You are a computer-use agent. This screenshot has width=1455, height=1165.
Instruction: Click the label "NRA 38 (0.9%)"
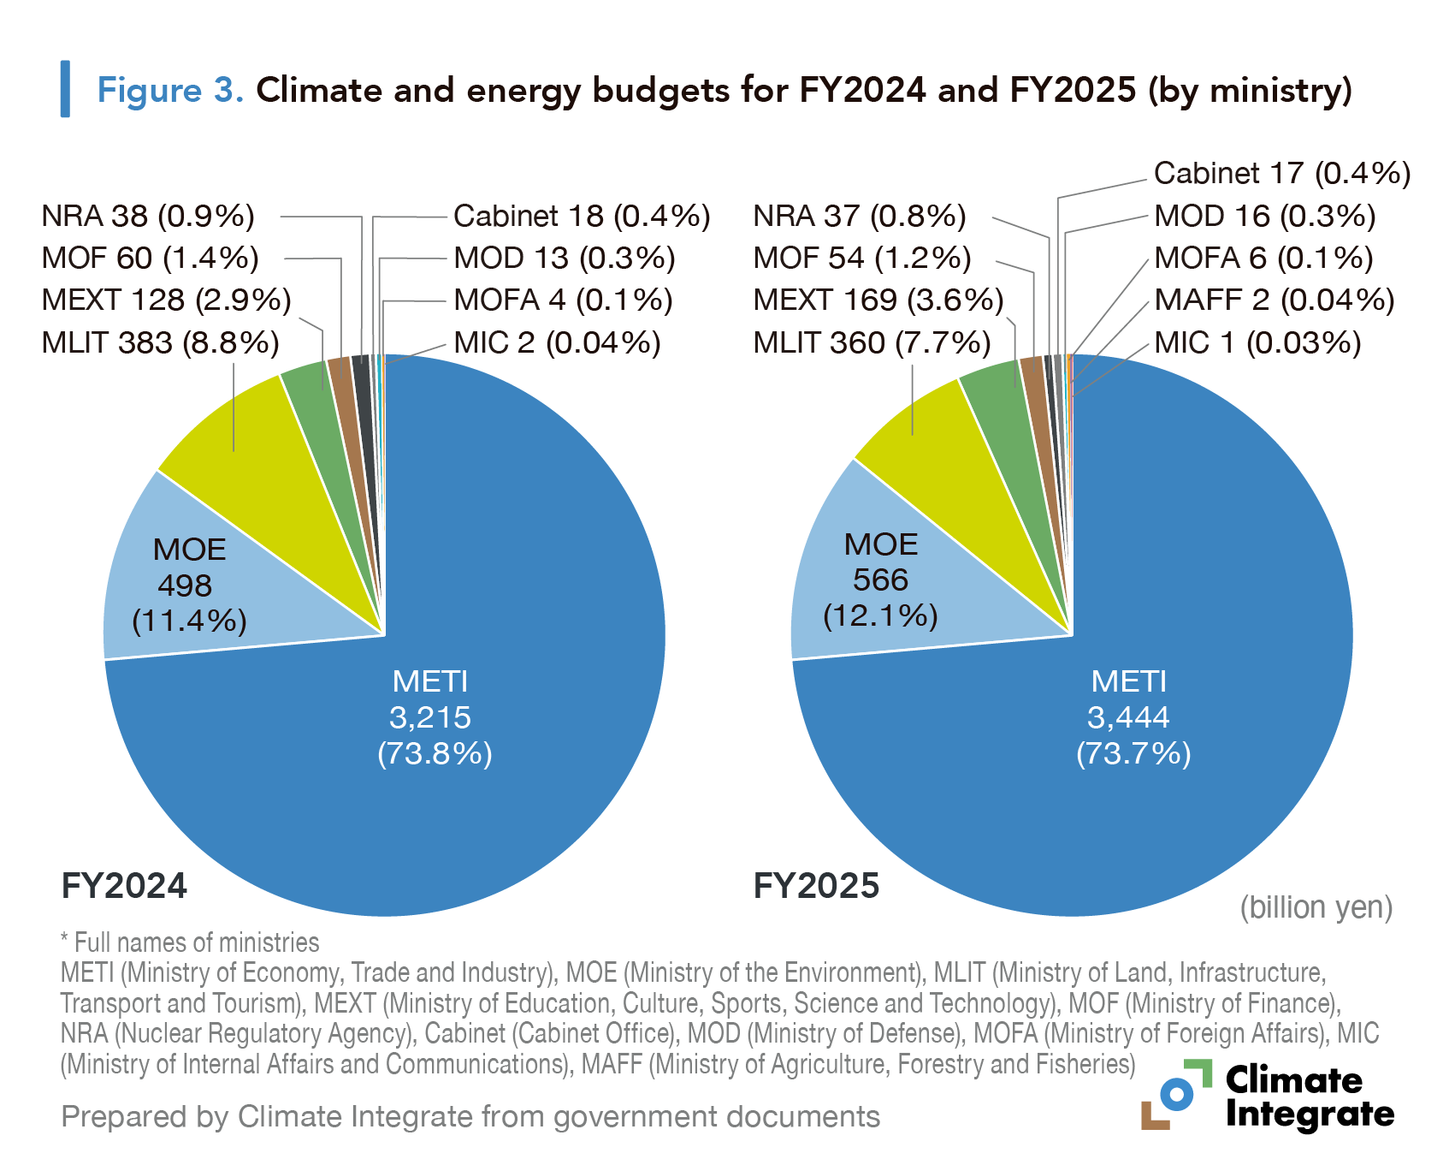148,216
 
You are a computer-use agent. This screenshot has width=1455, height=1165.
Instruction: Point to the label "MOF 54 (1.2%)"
862,258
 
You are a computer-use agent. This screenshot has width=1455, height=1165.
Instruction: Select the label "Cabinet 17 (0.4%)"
1281,173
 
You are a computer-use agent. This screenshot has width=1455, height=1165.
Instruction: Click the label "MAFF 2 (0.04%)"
1274,300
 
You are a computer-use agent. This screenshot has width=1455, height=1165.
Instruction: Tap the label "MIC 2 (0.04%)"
557,342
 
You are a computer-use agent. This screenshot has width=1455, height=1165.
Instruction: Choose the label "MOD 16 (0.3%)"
1264,216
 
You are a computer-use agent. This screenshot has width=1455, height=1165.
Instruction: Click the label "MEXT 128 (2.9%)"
167,300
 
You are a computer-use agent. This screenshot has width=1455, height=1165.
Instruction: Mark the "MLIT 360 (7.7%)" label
872,342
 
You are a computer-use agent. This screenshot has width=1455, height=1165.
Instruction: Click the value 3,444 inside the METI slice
1128,717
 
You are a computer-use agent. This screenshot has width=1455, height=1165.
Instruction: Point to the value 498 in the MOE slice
185,585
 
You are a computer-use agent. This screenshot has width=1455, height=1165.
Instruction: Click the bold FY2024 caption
124,886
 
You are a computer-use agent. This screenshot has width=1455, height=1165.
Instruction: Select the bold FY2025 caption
816,886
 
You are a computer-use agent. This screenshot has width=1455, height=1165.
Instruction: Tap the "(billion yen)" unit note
1316,907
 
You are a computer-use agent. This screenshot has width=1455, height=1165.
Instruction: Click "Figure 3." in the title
170,90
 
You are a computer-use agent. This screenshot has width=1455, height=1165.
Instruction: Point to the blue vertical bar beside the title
65,89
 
